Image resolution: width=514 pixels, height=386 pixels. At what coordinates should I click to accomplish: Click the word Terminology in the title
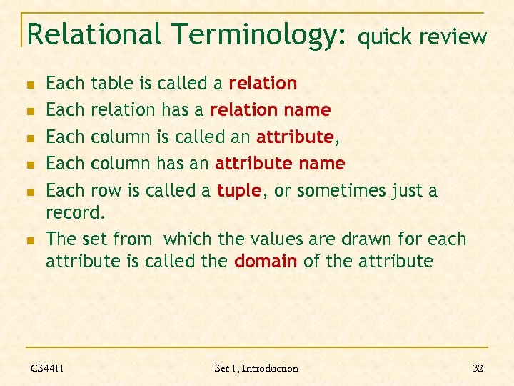pos(260,34)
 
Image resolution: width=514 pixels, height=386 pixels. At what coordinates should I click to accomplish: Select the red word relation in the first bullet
pos(263,84)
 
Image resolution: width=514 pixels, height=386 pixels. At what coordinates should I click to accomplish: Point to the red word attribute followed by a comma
pos(295,137)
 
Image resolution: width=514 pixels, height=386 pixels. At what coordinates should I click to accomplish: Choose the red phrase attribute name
pos(280,164)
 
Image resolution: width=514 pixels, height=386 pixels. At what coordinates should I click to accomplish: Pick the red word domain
pos(266,261)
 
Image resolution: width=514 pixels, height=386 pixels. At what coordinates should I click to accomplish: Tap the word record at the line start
pos(73,213)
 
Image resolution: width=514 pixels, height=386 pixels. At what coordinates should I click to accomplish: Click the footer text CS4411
pos(47,368)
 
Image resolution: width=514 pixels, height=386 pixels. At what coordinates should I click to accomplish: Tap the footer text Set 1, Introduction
pos(256,368)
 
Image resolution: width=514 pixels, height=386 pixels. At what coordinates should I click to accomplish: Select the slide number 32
pos(478,368)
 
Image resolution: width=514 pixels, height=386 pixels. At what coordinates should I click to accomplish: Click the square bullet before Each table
pos(29,84)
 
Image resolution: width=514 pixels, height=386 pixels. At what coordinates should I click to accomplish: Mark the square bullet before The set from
pos(29,239)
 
